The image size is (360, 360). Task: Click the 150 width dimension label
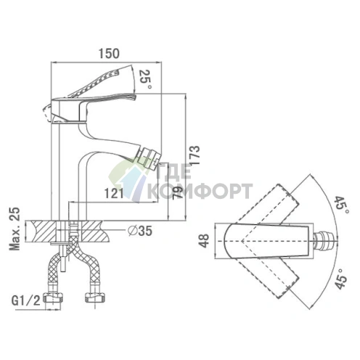(109, 54)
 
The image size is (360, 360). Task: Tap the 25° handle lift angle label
(146, 79)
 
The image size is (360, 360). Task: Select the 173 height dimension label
(195, 155)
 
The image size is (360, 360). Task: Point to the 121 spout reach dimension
(114, 193)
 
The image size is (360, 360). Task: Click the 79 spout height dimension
(178, 192)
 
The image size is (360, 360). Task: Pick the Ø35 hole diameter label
(140, 231)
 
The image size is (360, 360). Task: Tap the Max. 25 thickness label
(15, 229)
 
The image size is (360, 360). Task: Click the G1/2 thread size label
(26, 300)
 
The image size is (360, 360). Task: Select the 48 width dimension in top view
(205, 241)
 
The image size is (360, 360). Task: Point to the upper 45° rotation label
(343, 205)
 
